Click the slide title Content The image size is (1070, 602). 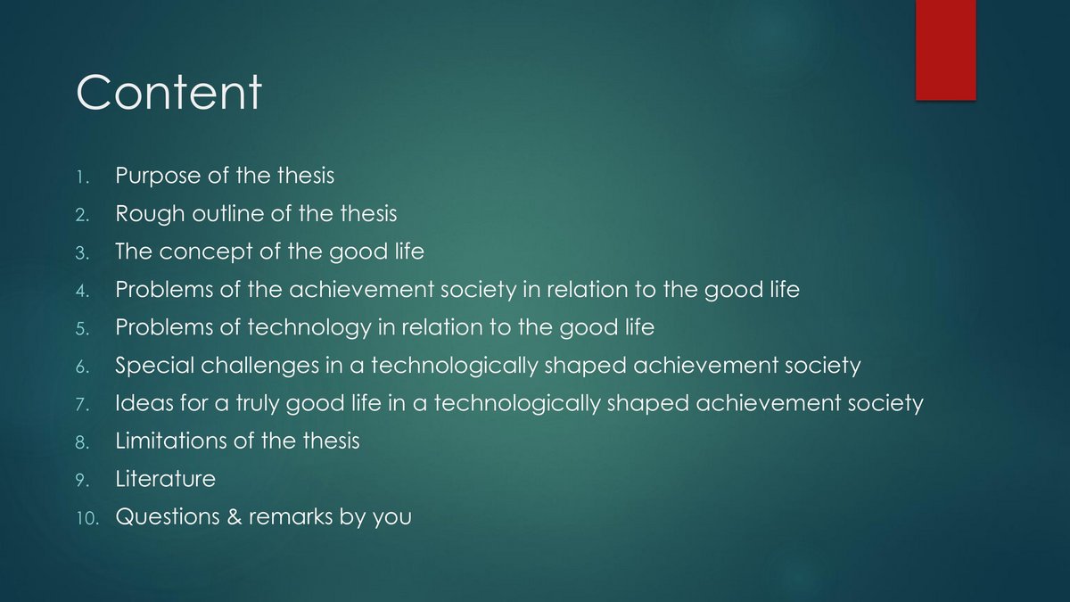click(169, 92)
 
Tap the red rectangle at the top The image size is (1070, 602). click(946, 50)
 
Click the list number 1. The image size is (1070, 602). click(83, 177)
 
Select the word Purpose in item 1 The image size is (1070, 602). click(158, 176)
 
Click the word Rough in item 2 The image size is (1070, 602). click(150, 214)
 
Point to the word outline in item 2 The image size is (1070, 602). click(228, 213)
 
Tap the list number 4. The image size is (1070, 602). click(83, 291)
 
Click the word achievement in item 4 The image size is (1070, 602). click(361, 290)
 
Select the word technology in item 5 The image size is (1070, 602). click(309, 328)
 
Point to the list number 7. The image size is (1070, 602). click(83, 405)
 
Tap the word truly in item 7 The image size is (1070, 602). click(257, 404)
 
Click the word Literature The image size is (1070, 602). click(165, 479)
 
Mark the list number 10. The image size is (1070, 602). click(87, 518)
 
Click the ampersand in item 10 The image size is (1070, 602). click(234, 516)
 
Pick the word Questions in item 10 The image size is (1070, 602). click(168, 516)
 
